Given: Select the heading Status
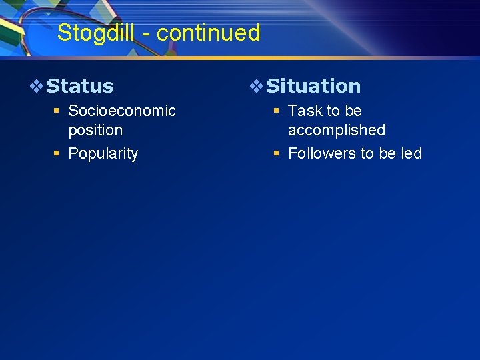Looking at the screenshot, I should point(80,86).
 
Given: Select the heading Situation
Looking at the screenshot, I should point(313,86).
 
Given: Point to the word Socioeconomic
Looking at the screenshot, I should point(122,111).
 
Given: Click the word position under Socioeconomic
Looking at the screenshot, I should point(95,130).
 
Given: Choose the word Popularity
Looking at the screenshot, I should point(103,153).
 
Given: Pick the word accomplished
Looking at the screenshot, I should point(336,130).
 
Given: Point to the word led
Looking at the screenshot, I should point(411,153).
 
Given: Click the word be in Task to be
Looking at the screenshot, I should point(353,111).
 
